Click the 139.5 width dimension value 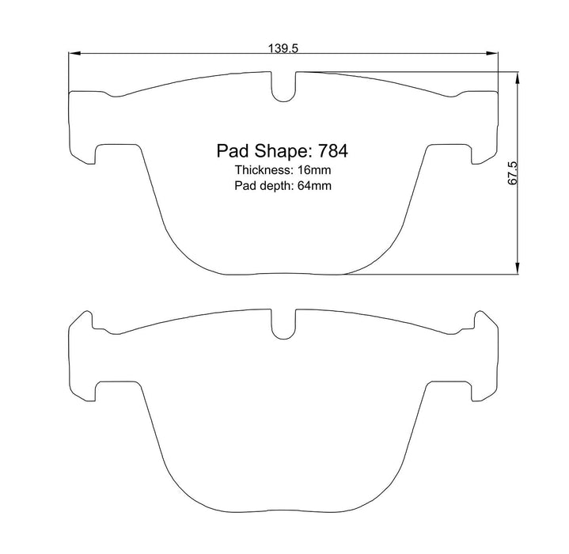(283, 48)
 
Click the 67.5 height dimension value (512, 173)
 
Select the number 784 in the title (333, 150)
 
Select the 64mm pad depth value (312, 187)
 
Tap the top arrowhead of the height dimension (518, 78)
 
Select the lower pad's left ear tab (83, 323)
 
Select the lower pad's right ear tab (485, 323)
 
